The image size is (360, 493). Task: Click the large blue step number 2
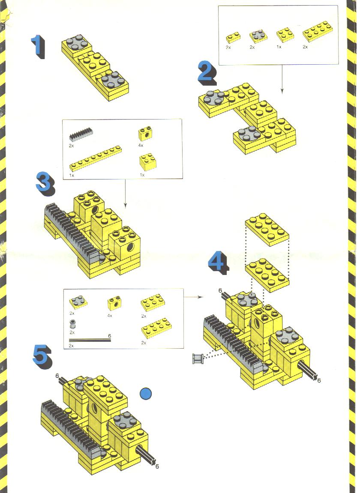pos(207,73)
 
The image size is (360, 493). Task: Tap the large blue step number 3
pos(45,184)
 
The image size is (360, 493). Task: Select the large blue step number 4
pos(218,263)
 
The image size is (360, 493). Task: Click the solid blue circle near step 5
pos(146,394)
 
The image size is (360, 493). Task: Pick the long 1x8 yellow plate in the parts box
pos(95,158)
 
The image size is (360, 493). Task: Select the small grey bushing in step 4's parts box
pos(72,324)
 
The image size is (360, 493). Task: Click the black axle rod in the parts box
pos(90,341)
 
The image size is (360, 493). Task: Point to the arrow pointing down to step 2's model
pos(282,79)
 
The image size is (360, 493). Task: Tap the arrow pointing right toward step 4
pos(194,297)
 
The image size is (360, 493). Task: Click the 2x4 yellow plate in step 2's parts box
pos(318,31)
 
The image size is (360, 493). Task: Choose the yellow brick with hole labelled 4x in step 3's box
pos(145,134)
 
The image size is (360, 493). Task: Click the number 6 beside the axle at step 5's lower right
pos(157,466)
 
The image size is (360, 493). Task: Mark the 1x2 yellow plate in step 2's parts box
pos(233,38)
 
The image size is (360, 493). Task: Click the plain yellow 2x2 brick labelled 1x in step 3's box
pos(147,162)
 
